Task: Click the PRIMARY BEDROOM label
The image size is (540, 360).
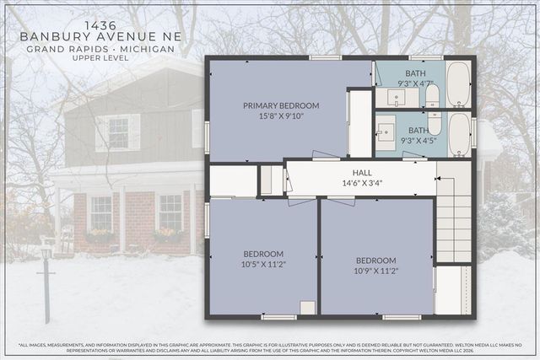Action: pos(281,105)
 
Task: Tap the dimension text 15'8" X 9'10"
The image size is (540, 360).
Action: pos(281,116)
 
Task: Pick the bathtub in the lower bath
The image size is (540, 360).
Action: pos(459,136)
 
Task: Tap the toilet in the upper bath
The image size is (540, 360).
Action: pos(432,94)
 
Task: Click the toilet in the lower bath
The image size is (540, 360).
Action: pos(435,125)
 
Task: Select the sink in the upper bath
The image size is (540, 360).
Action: pos(395,97)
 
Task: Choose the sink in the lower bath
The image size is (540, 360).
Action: pos(386,132)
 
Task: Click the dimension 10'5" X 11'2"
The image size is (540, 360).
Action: pos(264,264)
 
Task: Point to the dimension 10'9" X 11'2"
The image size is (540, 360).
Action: pos(375,271)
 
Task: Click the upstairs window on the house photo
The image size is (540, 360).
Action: pos(118,132)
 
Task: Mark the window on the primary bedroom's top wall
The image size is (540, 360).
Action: pos(325,57)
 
